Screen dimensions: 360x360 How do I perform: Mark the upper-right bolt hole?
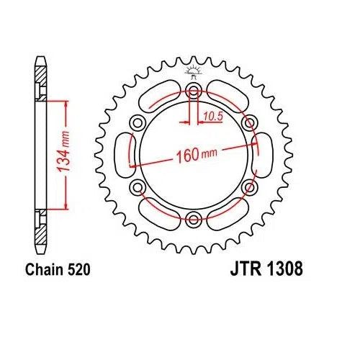248,122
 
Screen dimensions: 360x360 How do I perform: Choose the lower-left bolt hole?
136,187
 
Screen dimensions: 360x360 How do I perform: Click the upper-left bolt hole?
136,122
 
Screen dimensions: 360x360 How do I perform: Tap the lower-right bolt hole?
248,187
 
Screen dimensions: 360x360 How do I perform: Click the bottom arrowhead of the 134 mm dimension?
66,204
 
